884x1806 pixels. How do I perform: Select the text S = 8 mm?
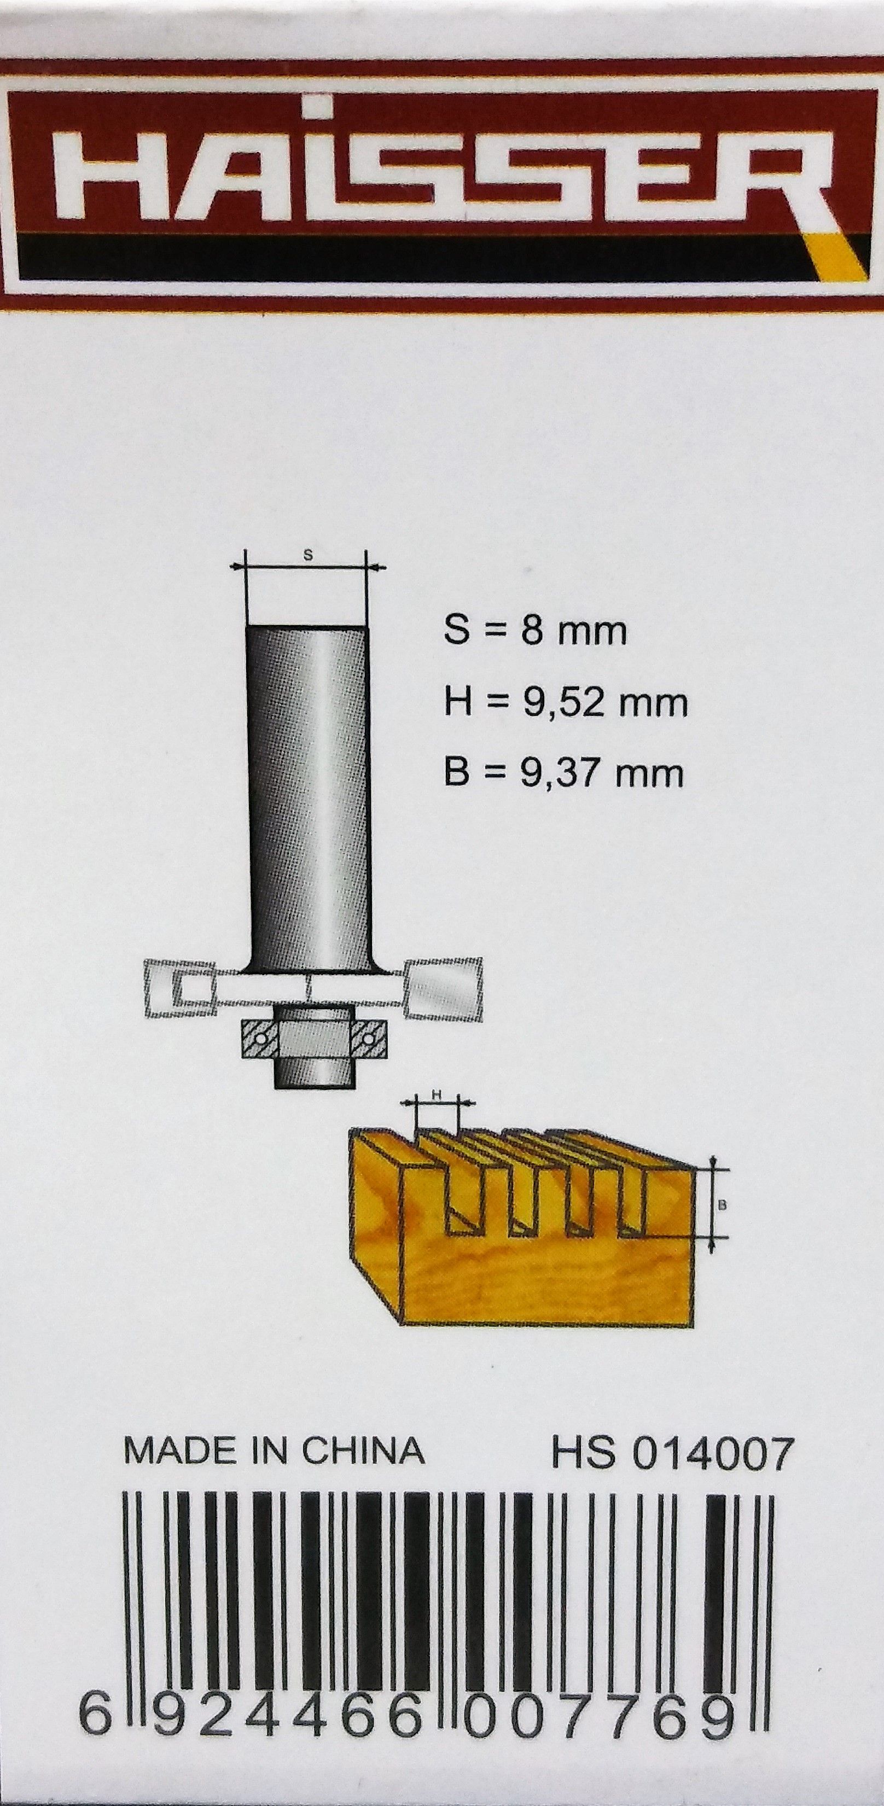pyautogui.click(x=535, y=632)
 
